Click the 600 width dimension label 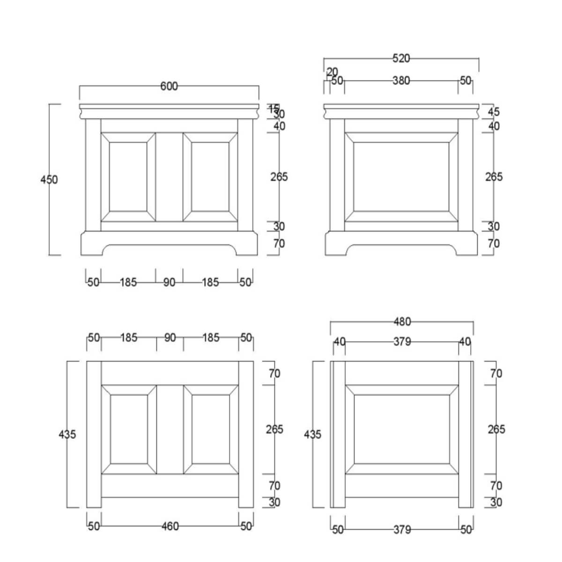click(x=169, y=86)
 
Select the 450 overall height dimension click(x=49, y=179)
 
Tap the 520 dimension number click(x=401, y=59)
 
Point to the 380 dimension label click(x=401, y=81)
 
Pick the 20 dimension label click(x=332, y=72)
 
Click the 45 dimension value click(x=494, y=111)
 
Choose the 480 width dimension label click(x=402, y=322)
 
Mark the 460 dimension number click(x=170, y=526)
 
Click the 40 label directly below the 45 click(x=494, y=126)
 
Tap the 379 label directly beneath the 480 click(x=402, y=342)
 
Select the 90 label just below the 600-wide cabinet click(x=169, y=282)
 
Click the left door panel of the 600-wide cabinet click(x=128, y=177)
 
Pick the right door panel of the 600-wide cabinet click(x=210, y=177)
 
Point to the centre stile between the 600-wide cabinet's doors click(x=169, y=177)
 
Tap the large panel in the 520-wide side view click(x=401, y=177)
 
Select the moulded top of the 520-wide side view click(x=401, y=111)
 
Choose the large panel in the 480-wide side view click(x=402, y=429)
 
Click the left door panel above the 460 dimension click(x=129, y=429)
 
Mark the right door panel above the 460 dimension click(x=211, y=429)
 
